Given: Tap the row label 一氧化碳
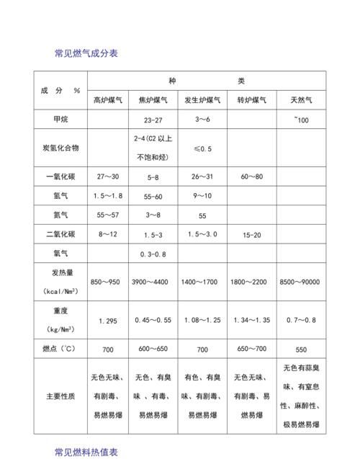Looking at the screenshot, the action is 60,176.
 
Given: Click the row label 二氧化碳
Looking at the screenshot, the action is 60,234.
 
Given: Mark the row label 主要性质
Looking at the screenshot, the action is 60,396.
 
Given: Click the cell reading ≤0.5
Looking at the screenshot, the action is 202,148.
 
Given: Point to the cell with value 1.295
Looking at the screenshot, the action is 107,320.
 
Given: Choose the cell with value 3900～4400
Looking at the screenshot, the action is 153,282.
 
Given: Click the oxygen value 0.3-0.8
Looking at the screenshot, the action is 153,254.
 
